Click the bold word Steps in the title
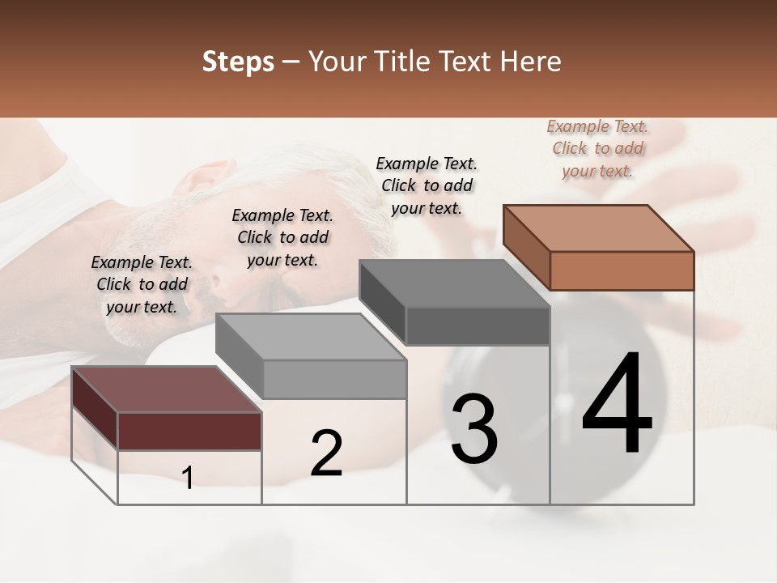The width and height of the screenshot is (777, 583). (238, 62)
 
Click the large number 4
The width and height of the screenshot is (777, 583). (618, 405)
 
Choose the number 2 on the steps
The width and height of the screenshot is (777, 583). (326, 453)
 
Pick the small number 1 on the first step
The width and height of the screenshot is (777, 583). (188, 478)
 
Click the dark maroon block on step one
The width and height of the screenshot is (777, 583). (189, 430)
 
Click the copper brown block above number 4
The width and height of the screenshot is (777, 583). (621, 270)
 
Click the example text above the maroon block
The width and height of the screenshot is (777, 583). (142, 284)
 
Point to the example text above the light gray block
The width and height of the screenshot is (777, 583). (282, 237)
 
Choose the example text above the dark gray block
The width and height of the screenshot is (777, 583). (427, 185)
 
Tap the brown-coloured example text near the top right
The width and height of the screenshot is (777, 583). (597, 148)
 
